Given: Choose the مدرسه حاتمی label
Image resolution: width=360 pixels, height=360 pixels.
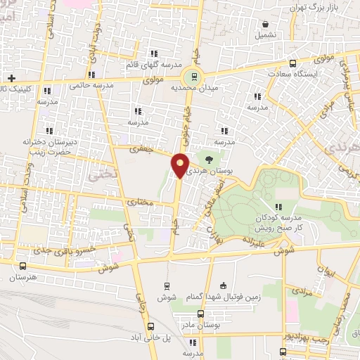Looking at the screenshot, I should click(91, 85).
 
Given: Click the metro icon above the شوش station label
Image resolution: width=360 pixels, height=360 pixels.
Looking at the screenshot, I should click(167, 285).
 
